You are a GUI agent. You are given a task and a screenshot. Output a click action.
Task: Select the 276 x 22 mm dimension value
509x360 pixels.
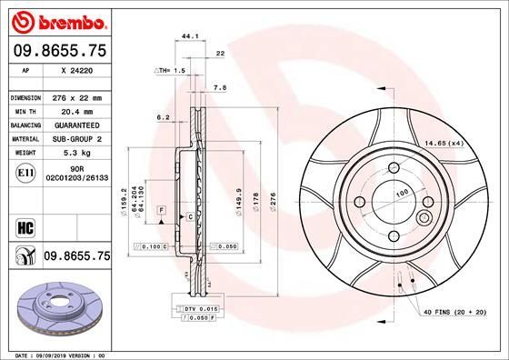80,97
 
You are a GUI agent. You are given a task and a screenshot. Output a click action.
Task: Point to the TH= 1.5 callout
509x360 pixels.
171,70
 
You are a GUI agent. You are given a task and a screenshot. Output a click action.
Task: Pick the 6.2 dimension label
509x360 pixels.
163,117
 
